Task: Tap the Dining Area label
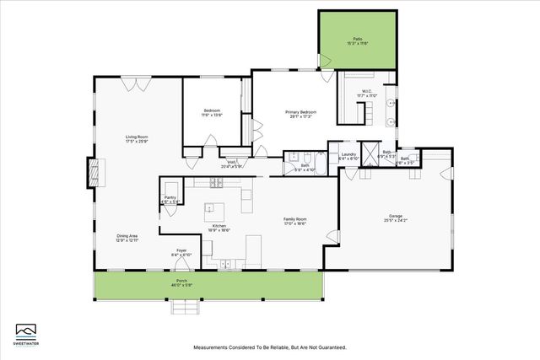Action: [127, 237]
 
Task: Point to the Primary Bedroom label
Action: [300, 112]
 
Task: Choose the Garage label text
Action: [395, 218]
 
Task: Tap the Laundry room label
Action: [348, 154]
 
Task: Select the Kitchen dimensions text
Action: [219, 229]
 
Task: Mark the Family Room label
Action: [294, 219]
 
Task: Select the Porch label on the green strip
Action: [181, 282]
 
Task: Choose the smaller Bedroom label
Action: [212, 112]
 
